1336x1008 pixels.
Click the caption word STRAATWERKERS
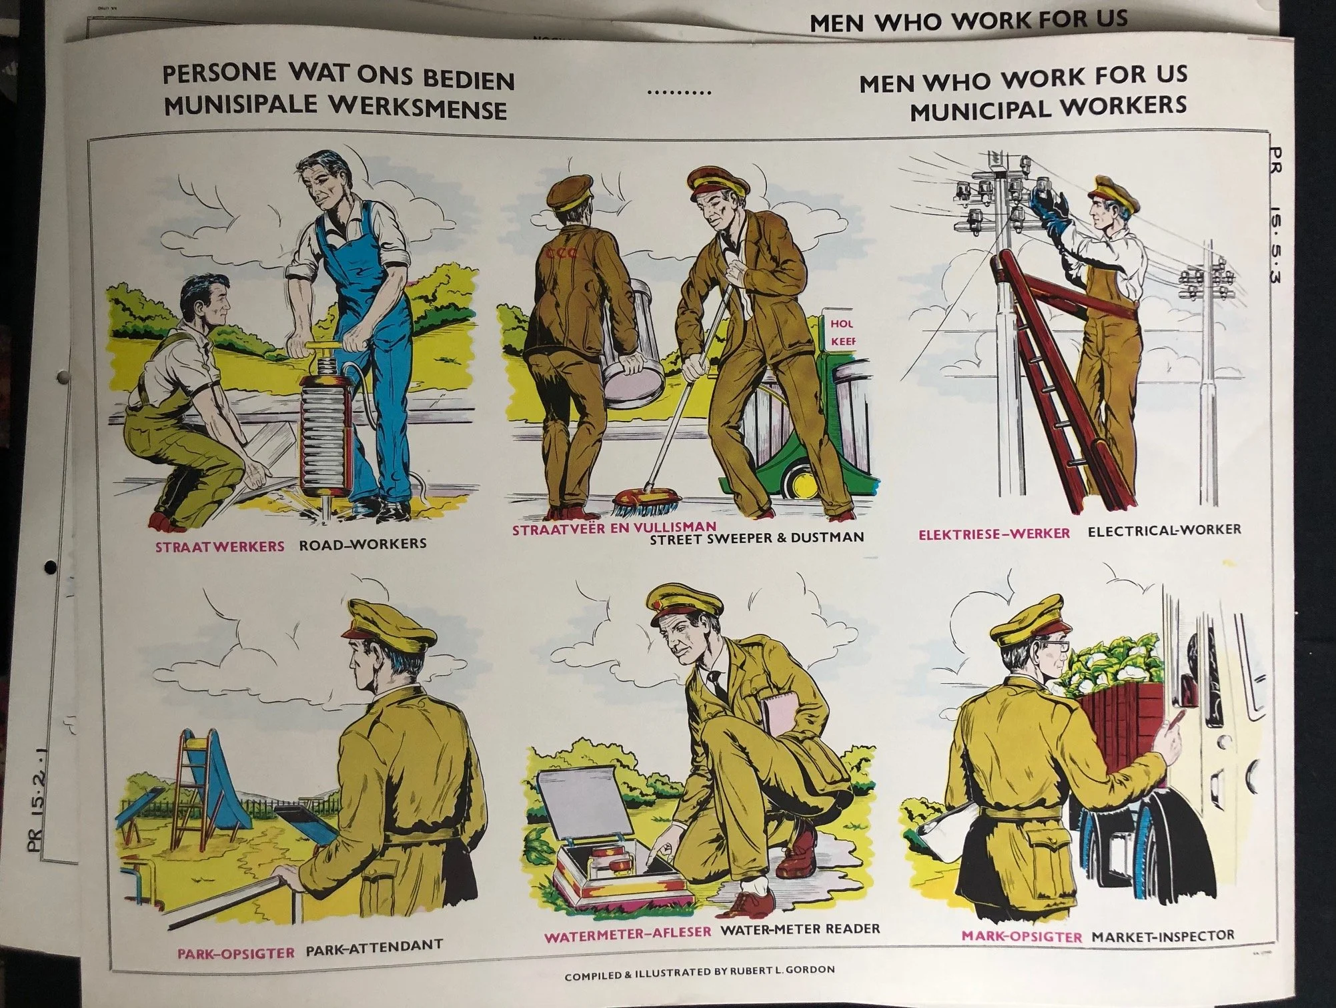219,546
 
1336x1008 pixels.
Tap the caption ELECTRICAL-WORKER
1164,530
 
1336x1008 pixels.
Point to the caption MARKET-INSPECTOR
1163,936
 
